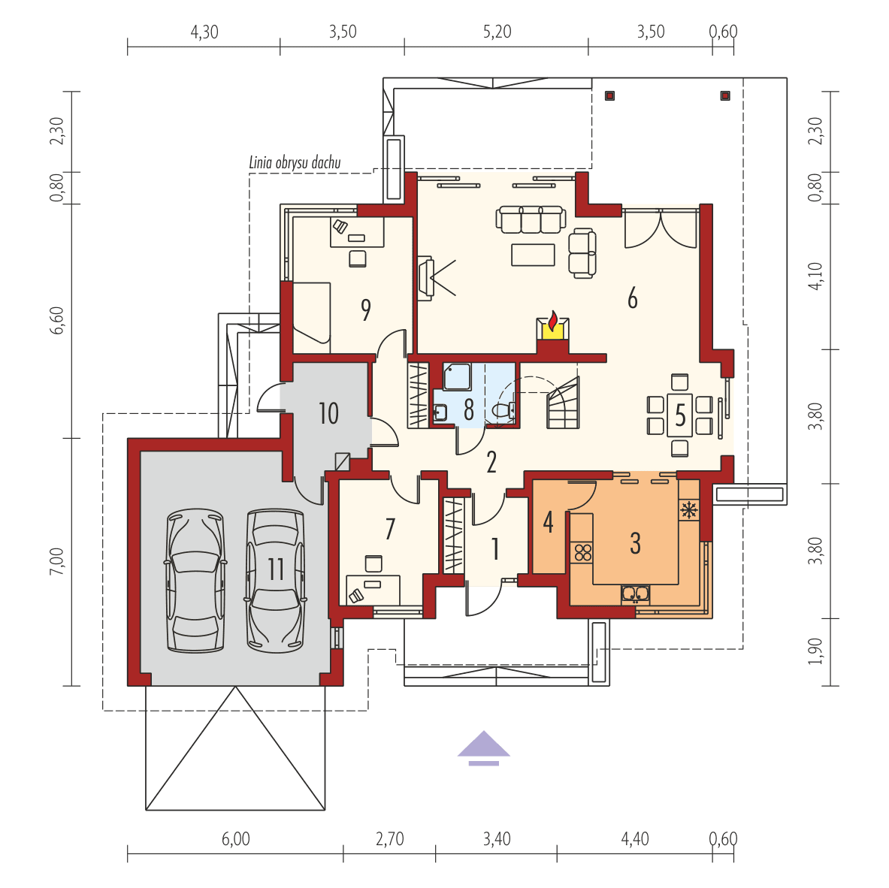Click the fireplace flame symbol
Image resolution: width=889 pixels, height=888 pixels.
553,323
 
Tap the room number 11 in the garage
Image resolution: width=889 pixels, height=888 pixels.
276,569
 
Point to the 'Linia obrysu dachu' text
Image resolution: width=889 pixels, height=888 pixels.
295,162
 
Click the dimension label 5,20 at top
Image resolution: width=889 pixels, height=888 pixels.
496,32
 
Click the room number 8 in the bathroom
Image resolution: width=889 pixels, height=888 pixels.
468,409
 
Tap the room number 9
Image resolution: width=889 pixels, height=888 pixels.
365,310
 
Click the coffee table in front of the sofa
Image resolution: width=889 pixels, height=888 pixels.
533,255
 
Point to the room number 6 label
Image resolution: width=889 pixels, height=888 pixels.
632,298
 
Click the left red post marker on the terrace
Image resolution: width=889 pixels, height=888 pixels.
609,95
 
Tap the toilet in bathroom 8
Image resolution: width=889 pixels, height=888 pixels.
504,410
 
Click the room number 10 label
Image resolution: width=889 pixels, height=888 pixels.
328,413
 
